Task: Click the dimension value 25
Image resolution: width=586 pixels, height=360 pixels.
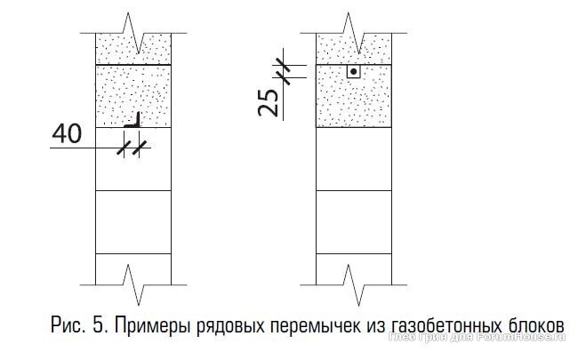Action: (268, 102)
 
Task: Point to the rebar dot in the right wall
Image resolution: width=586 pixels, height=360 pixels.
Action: (353, 70)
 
